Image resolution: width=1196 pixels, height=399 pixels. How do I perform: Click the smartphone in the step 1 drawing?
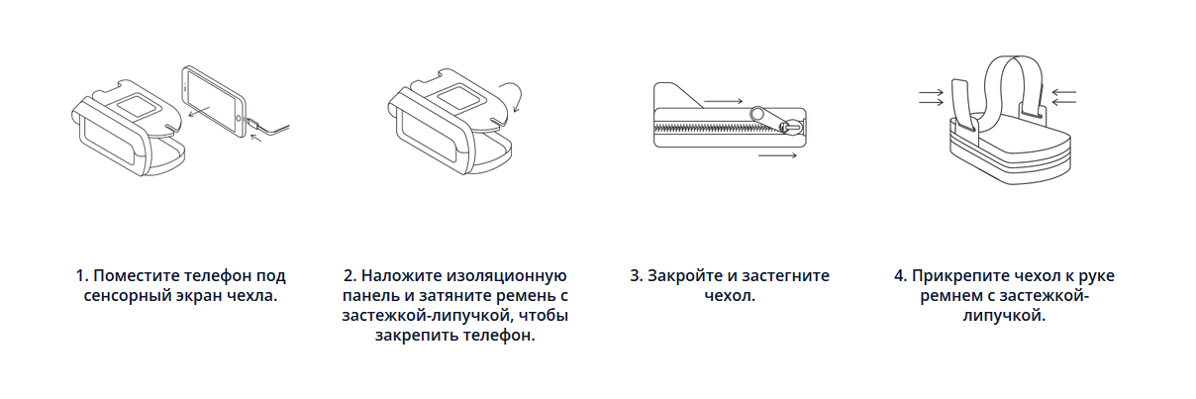214,102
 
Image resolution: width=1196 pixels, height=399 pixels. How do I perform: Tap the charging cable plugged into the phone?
268,128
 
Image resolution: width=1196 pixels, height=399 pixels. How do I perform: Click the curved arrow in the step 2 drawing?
512,96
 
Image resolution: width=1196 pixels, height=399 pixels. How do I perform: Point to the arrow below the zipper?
777,155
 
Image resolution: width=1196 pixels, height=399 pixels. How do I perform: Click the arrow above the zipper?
723,101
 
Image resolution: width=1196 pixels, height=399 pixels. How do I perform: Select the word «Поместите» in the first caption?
136,276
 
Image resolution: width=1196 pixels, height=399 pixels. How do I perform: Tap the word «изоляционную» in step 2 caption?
506,276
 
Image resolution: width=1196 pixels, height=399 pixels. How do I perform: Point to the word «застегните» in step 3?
786,276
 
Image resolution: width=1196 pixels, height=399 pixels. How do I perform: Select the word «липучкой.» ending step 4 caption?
1004,316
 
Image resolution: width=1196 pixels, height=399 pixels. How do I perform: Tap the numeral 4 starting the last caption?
900,276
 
